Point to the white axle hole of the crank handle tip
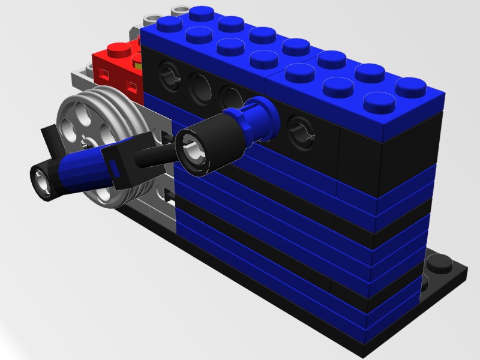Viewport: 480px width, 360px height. click(41, 178)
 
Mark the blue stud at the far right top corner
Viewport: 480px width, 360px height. click(410, 86)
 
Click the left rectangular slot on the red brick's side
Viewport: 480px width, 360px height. click(103, 74)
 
